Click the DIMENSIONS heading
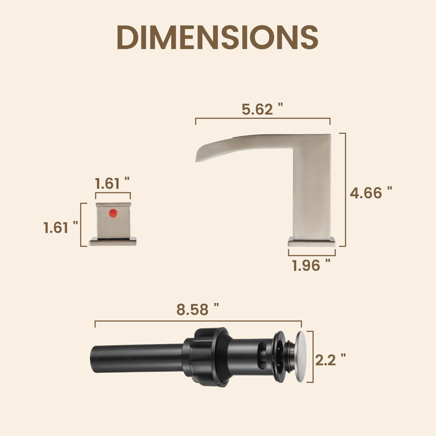(x=217, y=37)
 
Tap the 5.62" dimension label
(x=262, y=109)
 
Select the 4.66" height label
(x=371, y=193)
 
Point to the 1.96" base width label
(x=311, y=265)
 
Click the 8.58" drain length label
(x=198, y=310)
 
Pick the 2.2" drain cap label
(x=331, y=360)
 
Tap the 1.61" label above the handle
(x=112, y=183)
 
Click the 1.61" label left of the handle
(x=60, y=227)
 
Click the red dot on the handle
(x=113, y=213)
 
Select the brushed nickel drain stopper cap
(x=301, y=357)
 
